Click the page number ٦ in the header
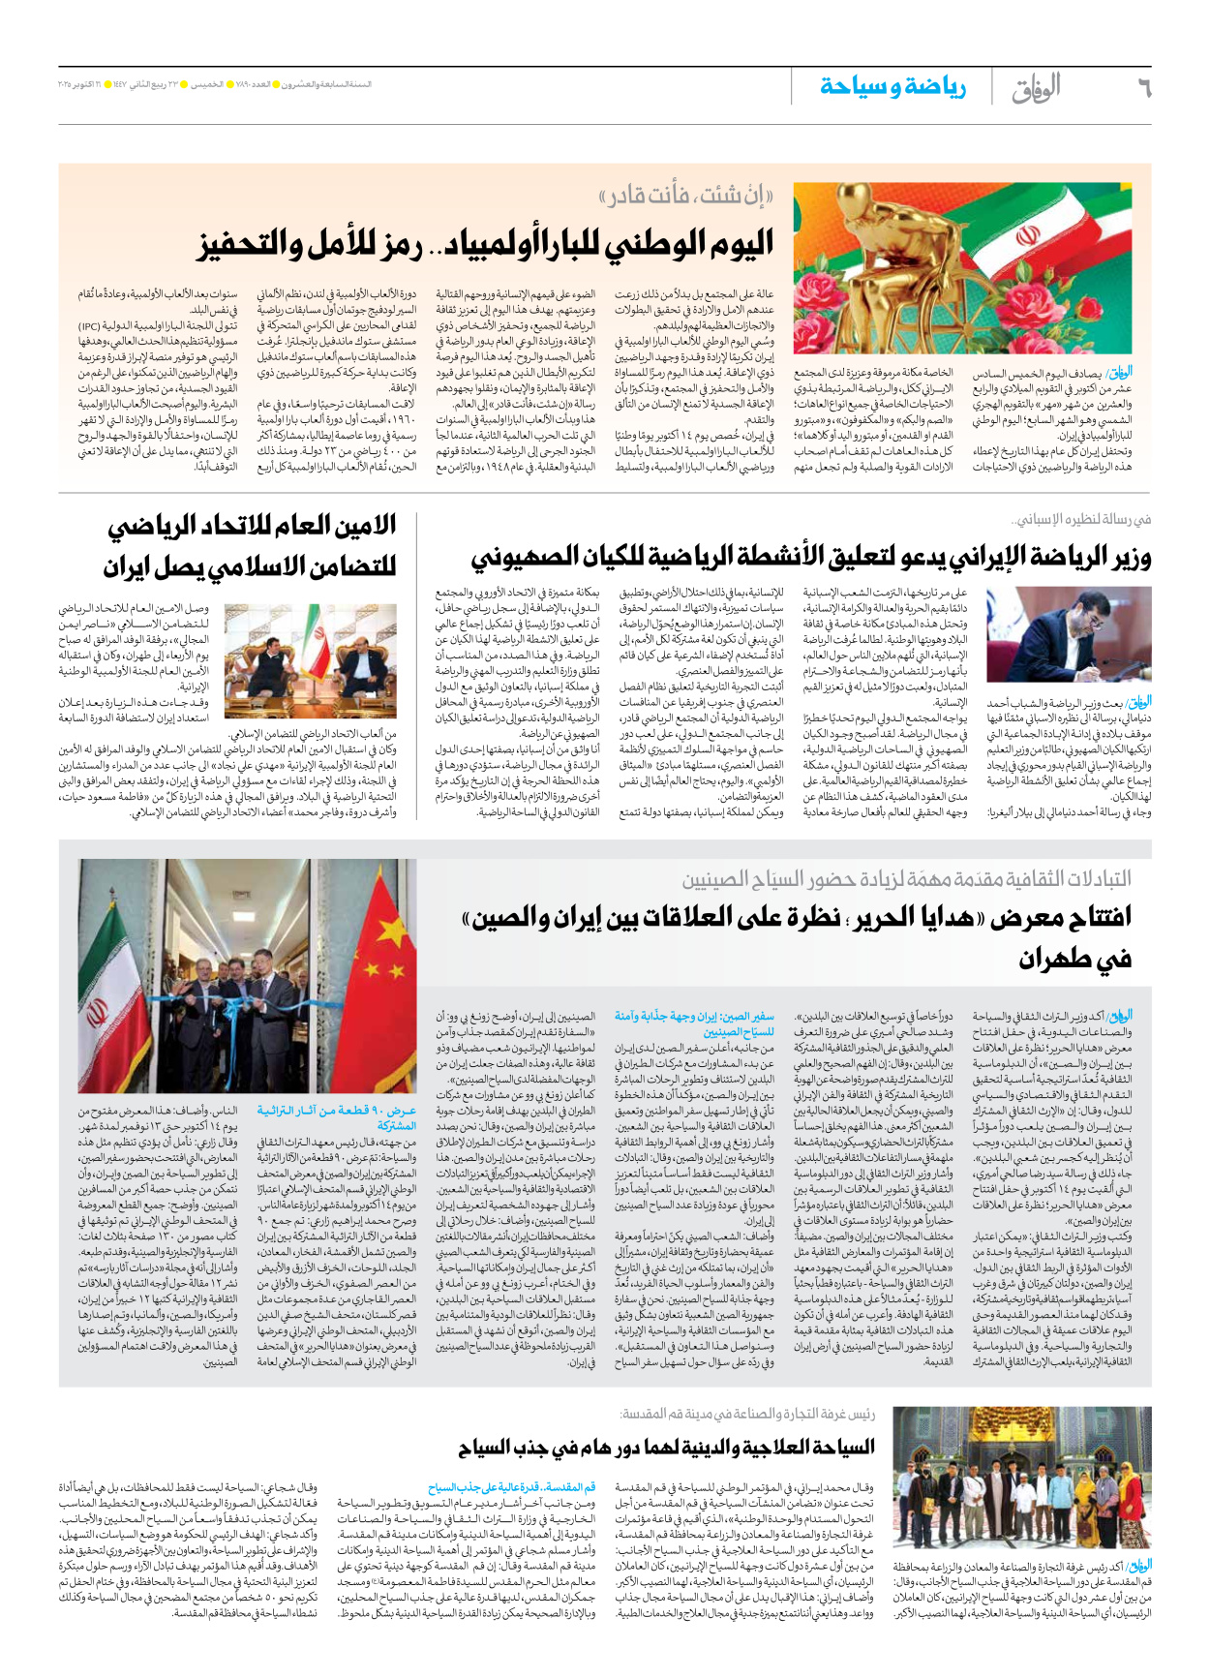pos(1143,88)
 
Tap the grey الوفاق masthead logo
pos(1036,88)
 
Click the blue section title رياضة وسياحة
pos(892,87)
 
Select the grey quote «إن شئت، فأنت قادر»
pos(686,198)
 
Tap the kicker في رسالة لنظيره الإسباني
pos(1080,520)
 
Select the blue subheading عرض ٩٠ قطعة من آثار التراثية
pos(337,1117)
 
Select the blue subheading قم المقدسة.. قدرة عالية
pos(512,1486)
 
